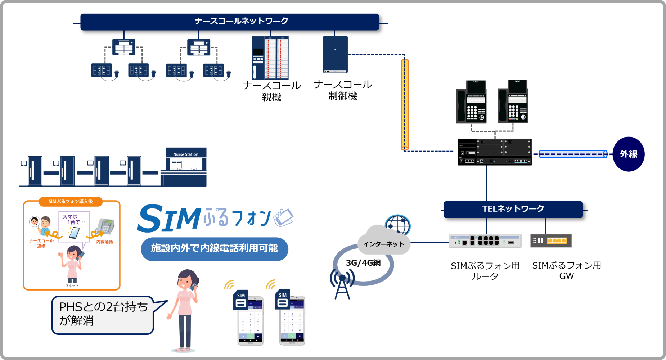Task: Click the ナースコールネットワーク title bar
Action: [230, 22]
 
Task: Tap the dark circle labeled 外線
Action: [629, 154]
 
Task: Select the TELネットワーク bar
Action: [513, 209]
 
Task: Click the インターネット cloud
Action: [383, 241]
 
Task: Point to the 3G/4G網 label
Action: [363, 263]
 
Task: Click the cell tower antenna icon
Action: [342, 284]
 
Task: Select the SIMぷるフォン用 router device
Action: [485, 241]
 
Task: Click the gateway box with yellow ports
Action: [551, 240]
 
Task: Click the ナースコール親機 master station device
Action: [270, 58]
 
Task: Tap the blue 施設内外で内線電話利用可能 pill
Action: [214, 248]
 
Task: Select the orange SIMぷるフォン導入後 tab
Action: [71, 202]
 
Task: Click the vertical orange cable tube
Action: [405, 104]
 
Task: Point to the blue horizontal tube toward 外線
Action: [572, 154]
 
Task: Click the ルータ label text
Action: [485, 276]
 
